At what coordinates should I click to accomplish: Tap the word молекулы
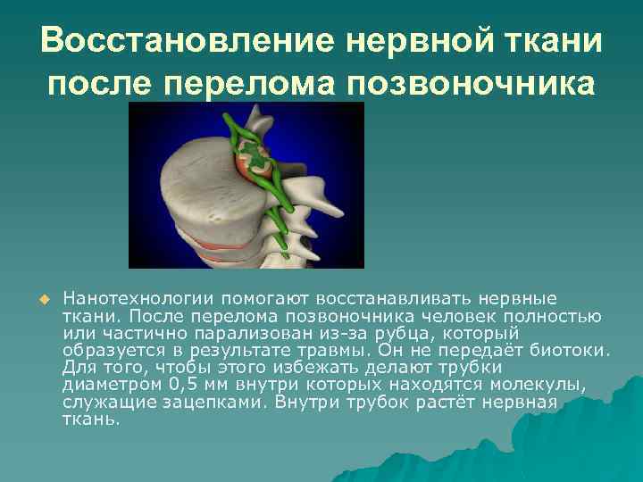coord(546,384)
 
